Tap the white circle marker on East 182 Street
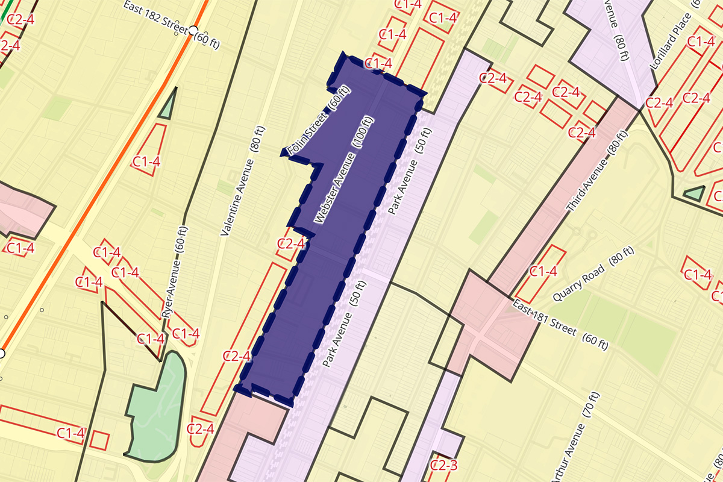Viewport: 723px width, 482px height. coord(193,30)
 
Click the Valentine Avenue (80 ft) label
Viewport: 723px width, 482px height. coord(243,181)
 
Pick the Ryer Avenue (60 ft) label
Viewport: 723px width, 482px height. coord(175,272)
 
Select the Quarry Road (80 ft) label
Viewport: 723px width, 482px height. coord(593,275)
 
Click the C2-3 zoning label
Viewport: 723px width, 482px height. coord(443,464)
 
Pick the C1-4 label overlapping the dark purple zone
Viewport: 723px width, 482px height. coord(379,63)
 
